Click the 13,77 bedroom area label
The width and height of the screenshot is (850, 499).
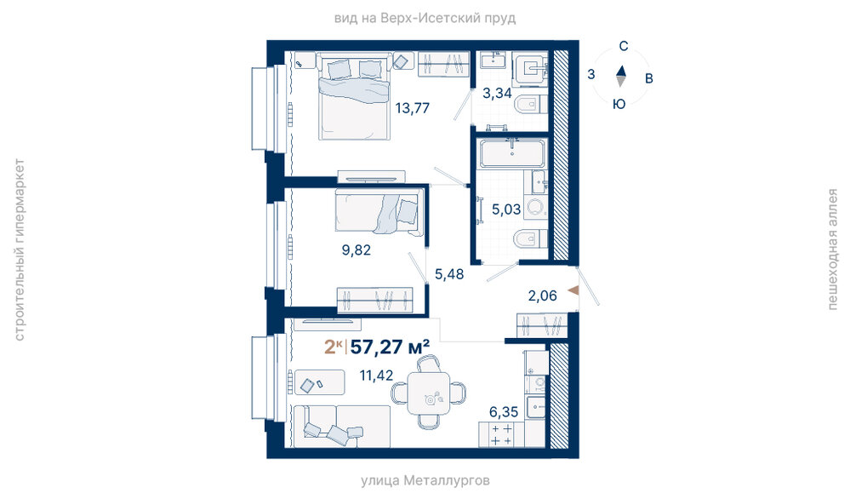pyautogui.click(x=412, y=108)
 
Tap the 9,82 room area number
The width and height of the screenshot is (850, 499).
pyautogui.click(x=357, y=250)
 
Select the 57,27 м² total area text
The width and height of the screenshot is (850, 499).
pyautogui.click(x=391, y=346)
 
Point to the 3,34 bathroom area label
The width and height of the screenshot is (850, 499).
pyautogui.click(x=497, y=94)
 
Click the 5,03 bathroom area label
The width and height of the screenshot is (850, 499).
pyautogui.click(x=506, y=209)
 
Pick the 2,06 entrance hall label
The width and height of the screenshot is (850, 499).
pyautogui.click(x=543, y=295)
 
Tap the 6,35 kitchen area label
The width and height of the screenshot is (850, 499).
pyautogui.click(x=504, y=411)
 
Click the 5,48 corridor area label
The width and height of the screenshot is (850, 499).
pyautogui.click(x=449, y=274)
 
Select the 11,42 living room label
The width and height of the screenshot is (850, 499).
pyautogui.click(x=377, y=375)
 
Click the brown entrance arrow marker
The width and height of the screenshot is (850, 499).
pyautogui.click(x=573, y=290)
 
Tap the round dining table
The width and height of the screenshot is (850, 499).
pyautogui.click(x=429, y=393)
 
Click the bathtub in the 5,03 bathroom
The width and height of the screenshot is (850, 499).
pyautogui.click(x=512, y=153)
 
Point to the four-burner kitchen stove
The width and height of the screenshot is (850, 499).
pyautogui.click(x=501, y=434)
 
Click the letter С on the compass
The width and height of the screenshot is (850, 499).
pyautogui.click(x=624, y=46)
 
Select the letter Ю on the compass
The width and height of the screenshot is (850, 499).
pyautogui.click(x=619, y=104)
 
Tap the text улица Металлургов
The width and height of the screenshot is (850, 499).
pyautogui.click(x=425, y=480)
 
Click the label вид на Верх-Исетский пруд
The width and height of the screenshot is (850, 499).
pyautogui.click(x=425, y=19)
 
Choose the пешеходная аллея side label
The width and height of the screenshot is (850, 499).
pyautogui.click(x=832, y=249)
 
